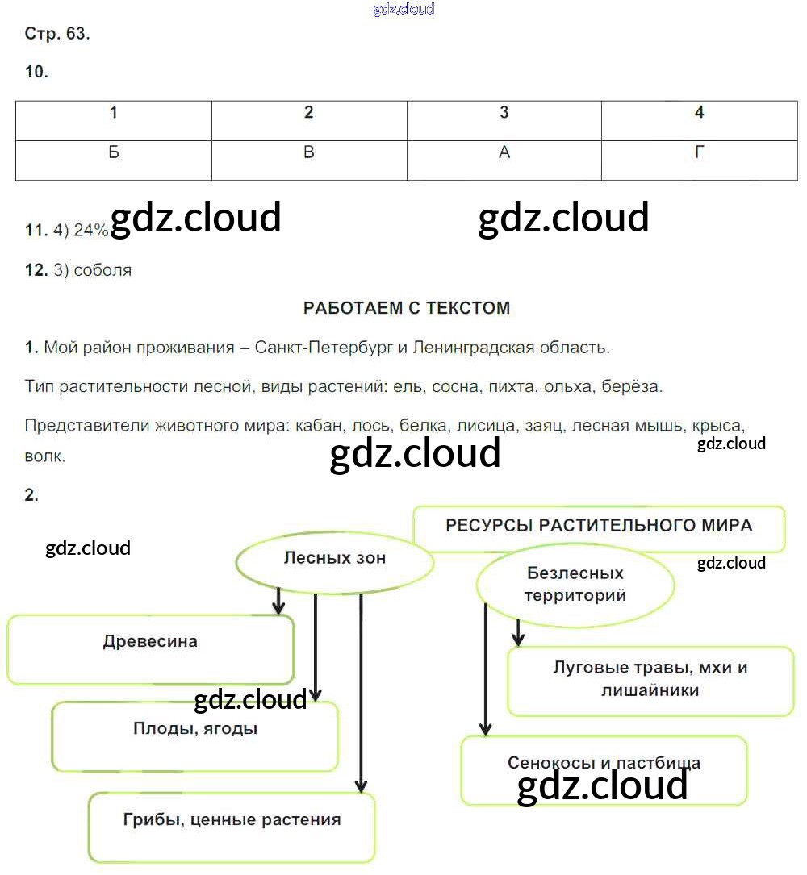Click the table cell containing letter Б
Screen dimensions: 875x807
pyautogui.click(x=114, y=152)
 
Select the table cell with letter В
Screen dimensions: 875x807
pyautogui.click(x=309, y=152)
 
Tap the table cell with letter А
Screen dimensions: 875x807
pyautogui.click(x=504, y=152)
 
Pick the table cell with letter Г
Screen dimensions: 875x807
pyautogui.click(x=700, y=152)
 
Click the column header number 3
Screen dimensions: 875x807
pyautogui.click(x=504, y=113)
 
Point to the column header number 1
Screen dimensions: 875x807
pyautogui.click(x=114, y=113)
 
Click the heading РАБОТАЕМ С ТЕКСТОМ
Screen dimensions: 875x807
pyautogui.click(x=407, y=308)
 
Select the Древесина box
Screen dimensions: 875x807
pyautogui.click(x=150, y=649)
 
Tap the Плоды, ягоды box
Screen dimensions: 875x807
pyautogui.click(x=195, y=735)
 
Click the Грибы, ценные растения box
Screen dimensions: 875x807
pyautogui.click(x=232, y=827)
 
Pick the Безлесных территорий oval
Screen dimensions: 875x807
pyautogui.click(x=575, y=585)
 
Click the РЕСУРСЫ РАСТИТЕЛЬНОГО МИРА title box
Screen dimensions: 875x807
pyautogui.click(x=599, y=527)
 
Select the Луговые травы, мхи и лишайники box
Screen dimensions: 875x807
pyautogui.click(x=650, y=680)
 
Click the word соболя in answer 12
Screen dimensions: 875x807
pyautogui.click(x=102, y=270)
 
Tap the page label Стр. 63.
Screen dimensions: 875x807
pyautogui.click(x=57, y=34)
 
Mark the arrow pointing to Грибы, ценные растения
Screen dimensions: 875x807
pyautogui.click(x=361, y=694)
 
